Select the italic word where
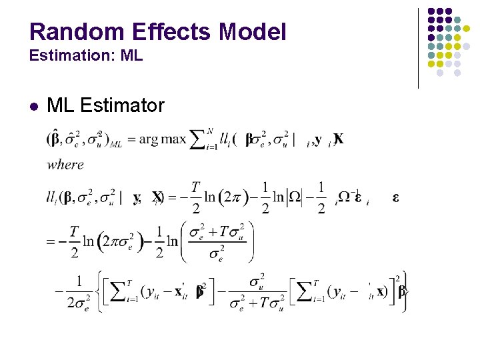pos(65,164)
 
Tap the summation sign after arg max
pos(197,140)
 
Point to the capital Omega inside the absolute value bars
pos(293,197)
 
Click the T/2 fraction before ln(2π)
pos(195,197)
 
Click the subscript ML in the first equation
pos(115,144)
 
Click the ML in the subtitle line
pos(133,56)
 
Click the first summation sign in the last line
pos(115,292)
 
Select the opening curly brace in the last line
pos(100,292)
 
